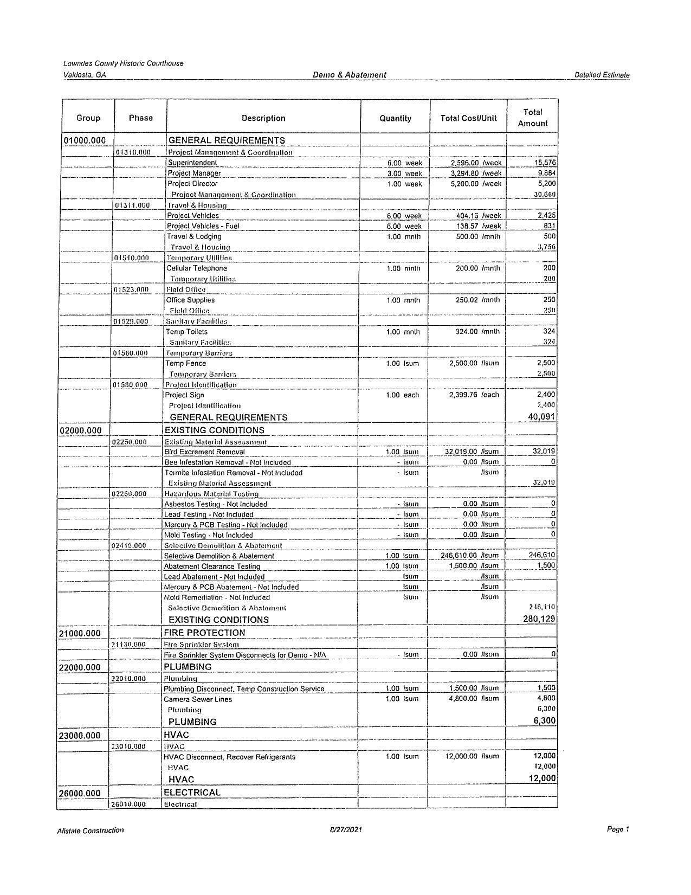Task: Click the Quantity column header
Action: (395, 118)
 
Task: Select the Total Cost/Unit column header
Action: (468, 118)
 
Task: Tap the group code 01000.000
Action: (85, 141)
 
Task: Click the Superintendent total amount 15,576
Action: (545, 163)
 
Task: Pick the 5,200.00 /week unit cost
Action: (476, 184)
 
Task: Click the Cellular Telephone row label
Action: (197, 268)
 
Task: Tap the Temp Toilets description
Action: (187, 332)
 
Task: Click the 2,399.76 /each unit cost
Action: (474, 395)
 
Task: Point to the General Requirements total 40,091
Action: (541, 417)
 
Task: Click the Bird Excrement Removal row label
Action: (204, 452)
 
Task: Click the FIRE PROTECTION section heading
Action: (204, 633)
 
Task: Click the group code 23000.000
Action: (80, 736)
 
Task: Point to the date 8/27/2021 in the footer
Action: (346, 830)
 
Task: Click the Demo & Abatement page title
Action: (349, 75)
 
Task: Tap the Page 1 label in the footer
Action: (618, 829)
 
